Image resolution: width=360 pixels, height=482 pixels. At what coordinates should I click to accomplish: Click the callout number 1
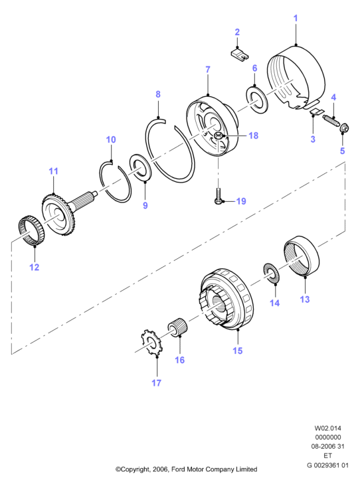point(296,18)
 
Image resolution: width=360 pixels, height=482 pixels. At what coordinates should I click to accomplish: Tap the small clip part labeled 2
point(240,54)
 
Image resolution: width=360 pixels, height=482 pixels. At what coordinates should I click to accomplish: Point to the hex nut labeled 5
point(343,128)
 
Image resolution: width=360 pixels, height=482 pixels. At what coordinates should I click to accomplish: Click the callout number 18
point(253,135)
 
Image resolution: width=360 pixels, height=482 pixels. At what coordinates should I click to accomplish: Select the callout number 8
point(158,94)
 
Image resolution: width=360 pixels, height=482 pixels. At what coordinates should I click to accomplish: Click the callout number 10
point(111,139)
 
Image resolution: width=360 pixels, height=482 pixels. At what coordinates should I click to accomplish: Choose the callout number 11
point(54,171)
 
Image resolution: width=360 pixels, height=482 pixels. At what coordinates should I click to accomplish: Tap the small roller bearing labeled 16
point(178,329)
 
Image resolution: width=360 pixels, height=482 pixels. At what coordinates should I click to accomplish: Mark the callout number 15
point(238,351)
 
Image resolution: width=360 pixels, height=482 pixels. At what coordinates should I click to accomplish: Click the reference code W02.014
point(327,428)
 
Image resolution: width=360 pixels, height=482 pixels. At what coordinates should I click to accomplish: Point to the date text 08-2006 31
point(327,446)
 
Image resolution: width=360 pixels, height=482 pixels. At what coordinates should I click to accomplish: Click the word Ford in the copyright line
point(178,469)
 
